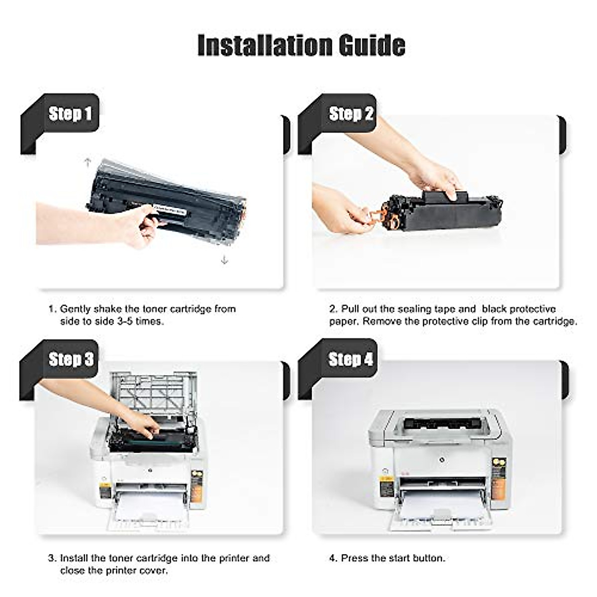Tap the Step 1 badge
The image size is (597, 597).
click(x=70, y=113)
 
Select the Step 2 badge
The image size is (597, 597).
click(x=351, y=113)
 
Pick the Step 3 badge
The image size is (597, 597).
click(x=71, y=359)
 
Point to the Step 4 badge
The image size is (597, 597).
click(x=350, y=359)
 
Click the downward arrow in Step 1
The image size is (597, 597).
click(x=224, y=259)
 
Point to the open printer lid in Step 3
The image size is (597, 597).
click(x=154, y=393)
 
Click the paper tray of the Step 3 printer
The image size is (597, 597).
click(x=149, y=510)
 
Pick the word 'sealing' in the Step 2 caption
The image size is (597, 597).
click(x=411, y=309)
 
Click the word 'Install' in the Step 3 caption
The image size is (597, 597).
click(x=75, y=558)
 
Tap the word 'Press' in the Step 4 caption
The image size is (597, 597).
click(x=355, y=558)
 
